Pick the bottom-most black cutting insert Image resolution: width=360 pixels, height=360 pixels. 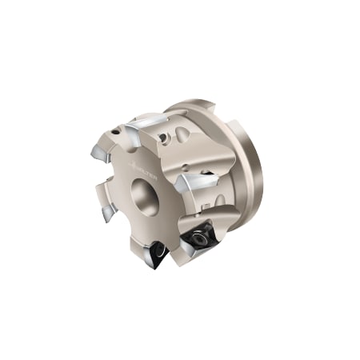[157, 254]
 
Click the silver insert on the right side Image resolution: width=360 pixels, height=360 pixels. [195, 182]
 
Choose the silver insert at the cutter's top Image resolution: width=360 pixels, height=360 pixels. [149, 123]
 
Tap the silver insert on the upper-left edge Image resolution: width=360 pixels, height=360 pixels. [101, 152]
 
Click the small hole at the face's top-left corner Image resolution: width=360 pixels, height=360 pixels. [118, 130]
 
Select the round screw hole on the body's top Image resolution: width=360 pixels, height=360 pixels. [165, 138]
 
